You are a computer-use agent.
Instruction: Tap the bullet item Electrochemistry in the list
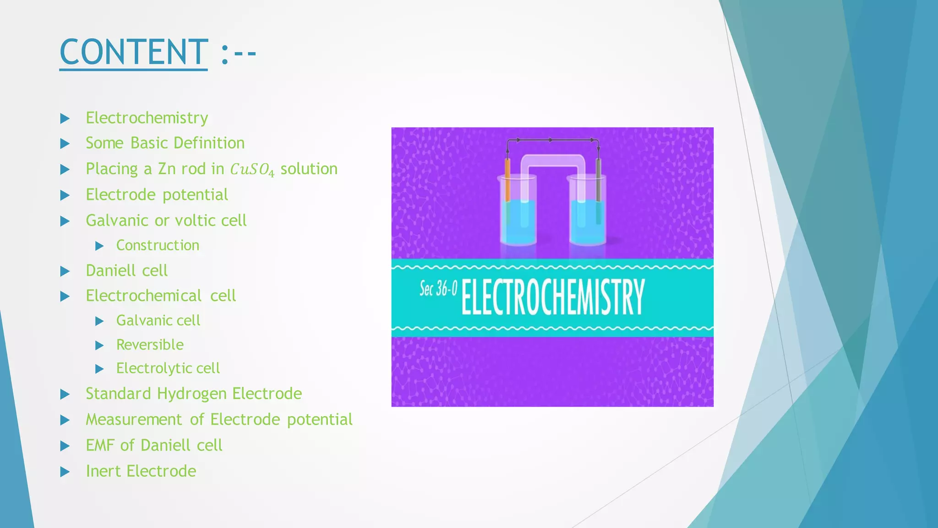click(x=147, y=118)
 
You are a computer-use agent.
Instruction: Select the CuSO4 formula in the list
click(x=252, y=170)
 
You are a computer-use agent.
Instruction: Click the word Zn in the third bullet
click(x=167, y=169)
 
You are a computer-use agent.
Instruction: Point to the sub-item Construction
click(x=158, y=245)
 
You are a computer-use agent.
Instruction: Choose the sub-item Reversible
click(x=150, y=345)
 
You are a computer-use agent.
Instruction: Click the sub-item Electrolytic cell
click(x=168, y=368)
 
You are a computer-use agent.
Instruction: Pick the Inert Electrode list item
click(x=141, y=471)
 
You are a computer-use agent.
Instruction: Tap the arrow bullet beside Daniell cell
click(x=65, y=271)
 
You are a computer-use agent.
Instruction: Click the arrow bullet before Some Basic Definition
click(x=65, y=144)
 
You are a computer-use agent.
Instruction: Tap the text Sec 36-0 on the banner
click(x=438, y=289)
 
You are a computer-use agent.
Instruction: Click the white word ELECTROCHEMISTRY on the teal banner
click(x=553, y=297)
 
